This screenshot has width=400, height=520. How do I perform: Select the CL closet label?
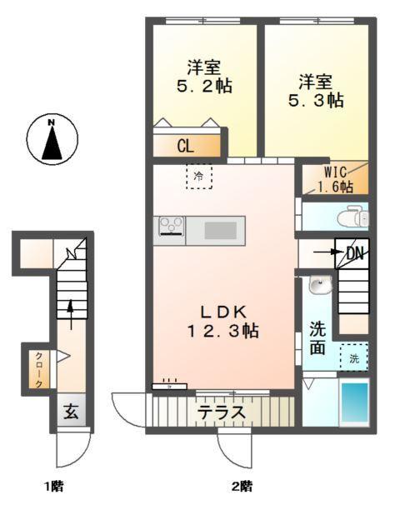click(185, 146)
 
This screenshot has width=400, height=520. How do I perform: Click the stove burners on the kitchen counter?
click(171, 226)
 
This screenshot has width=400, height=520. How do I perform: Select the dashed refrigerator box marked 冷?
click(198, 177)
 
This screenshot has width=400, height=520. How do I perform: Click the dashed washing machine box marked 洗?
click(353, 358)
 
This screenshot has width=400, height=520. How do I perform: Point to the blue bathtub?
click(354, 403)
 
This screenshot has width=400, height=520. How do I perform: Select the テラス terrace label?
click(221, 412)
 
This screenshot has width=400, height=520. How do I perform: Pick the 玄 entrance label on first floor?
click(72, 412)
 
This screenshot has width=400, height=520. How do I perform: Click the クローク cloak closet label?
click(39, 370)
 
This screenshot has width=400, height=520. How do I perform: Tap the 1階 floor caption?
click(54, 485)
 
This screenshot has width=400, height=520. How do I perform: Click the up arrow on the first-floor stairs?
click(71, 312)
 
